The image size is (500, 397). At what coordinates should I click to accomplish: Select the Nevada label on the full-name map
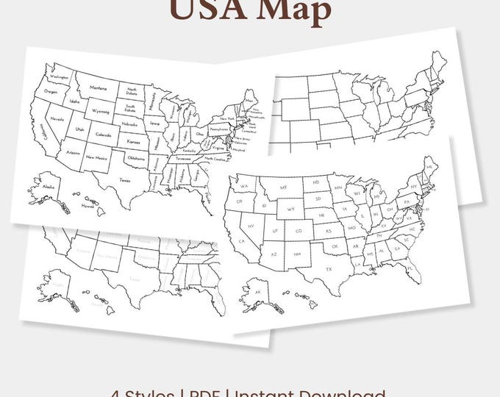click(x=57, y=118)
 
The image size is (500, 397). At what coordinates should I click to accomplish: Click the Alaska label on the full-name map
click(x=48, y=187)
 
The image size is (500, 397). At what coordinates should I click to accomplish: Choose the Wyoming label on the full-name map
click(x=100, y=111)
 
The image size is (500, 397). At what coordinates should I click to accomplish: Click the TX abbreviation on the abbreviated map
click(x=329, y=269)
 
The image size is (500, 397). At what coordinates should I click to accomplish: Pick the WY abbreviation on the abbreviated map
click(x=291, y=208)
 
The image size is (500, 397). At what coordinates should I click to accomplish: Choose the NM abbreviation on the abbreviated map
click(x=297, y=253)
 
